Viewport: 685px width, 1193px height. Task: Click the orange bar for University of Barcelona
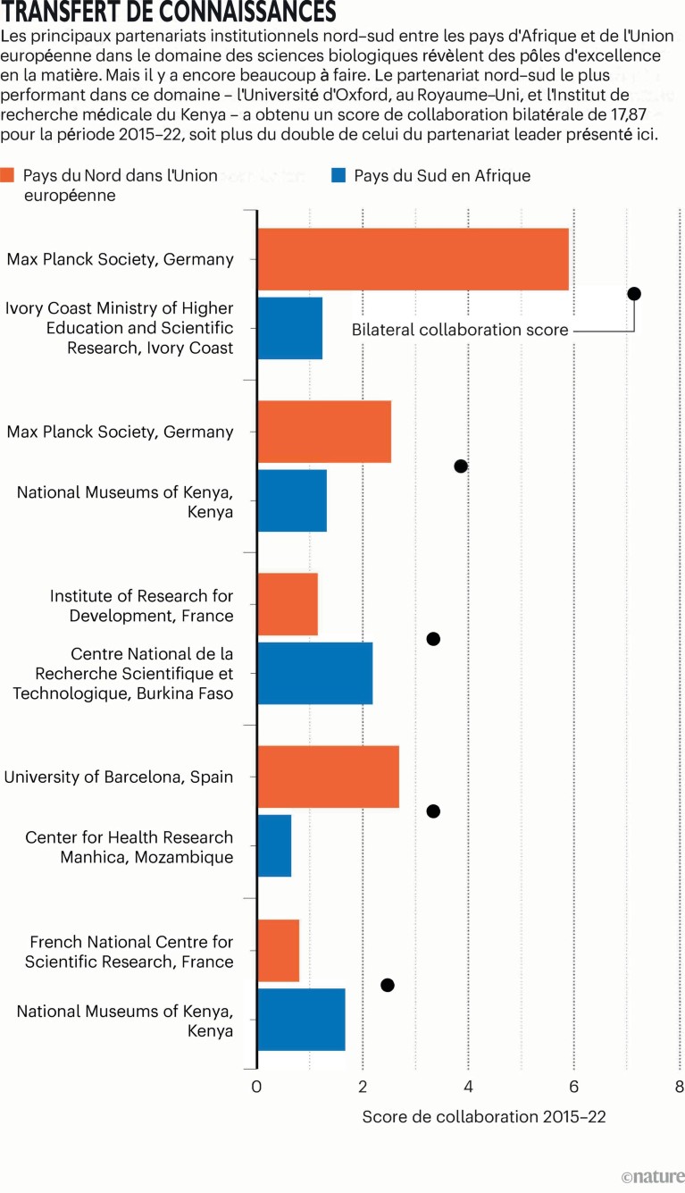[328, 777]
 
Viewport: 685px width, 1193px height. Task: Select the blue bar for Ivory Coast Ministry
[289, 328]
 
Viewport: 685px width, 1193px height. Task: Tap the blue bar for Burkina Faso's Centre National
[314, 673]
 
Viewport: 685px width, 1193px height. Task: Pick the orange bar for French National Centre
[278, 950]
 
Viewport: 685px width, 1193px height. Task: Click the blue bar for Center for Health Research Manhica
[274, 845]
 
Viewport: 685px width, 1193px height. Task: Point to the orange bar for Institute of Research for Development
[288, 604]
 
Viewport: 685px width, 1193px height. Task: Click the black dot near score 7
[634, 294]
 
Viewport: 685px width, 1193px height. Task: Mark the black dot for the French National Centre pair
[387, 985]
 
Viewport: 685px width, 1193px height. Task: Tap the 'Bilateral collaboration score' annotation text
[460, 330]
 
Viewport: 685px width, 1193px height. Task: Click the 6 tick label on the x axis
[573, 1088]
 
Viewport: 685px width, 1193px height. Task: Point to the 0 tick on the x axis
[257, 1088]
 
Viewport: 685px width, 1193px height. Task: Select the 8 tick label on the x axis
[679, 1088]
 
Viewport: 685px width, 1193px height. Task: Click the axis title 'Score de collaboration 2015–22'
[484, 1117]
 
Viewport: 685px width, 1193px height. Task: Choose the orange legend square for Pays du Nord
[8, 175]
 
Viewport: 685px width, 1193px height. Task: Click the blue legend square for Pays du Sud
[338, 175]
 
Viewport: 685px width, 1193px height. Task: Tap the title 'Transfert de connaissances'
[169, 13]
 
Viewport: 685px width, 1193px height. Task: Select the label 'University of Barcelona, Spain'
[119, 777]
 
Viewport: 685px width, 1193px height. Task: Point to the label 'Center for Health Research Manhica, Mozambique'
[129, 847]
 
